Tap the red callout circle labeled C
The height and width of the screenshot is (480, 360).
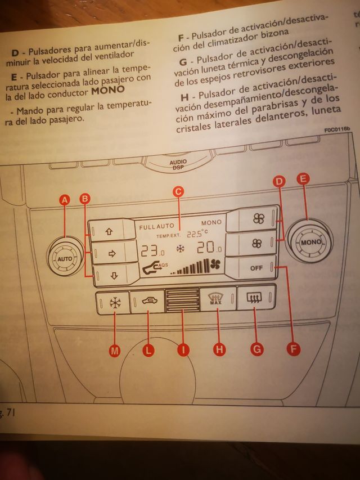tap(178, 192)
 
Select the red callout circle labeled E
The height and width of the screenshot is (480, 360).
tap(304, 180)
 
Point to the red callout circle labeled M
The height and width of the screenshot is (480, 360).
tap(115, 350)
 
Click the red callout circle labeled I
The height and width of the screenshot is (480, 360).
tap(183, 350)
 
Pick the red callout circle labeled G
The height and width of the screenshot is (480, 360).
tap(256, 349)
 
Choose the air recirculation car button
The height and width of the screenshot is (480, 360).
tap(148, 302)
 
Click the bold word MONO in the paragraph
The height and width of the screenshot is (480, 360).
tap(108, 89)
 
